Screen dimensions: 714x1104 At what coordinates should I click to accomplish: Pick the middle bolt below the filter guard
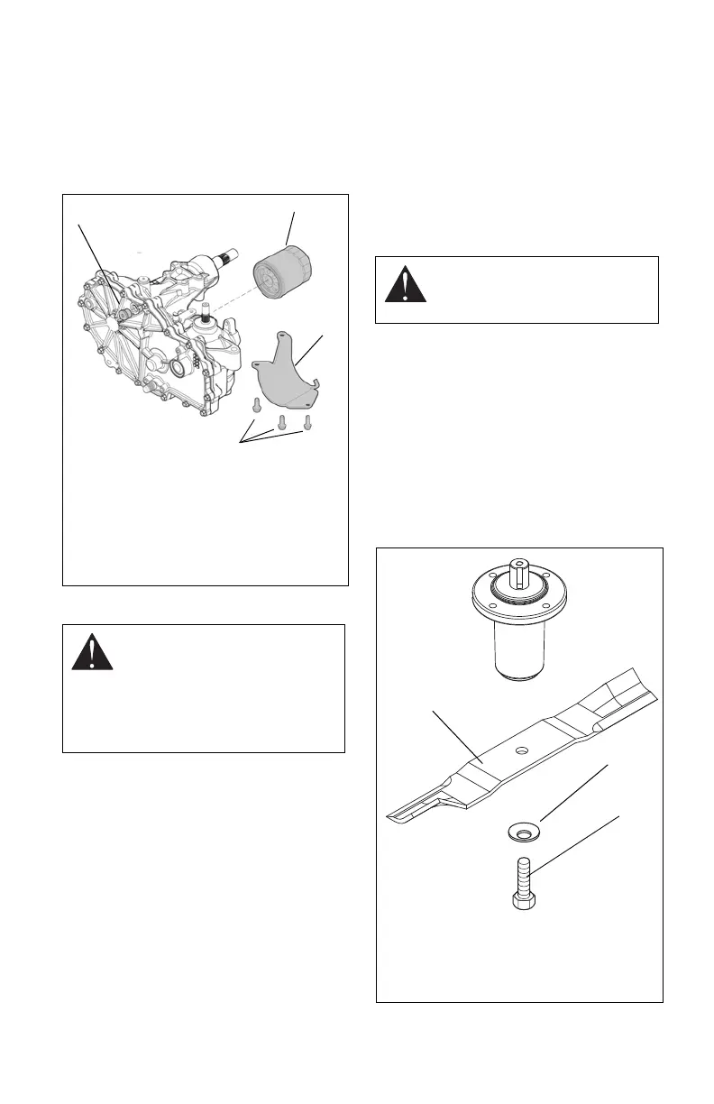[281, 420]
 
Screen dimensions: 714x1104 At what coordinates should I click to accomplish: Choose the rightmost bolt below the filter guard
[307, 421]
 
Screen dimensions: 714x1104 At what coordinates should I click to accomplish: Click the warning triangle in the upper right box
[405, 283]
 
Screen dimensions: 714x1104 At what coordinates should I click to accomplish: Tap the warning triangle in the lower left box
[93, 650]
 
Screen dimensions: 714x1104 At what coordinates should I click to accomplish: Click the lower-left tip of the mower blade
[397, 814]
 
